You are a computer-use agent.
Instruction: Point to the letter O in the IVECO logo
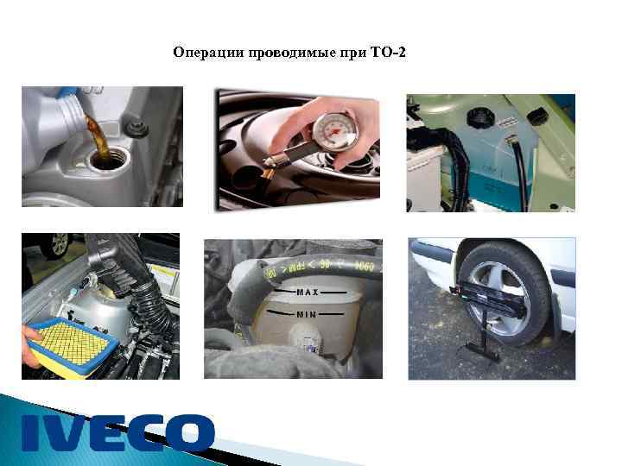pos(189,432)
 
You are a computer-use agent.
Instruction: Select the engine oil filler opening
pos(107,161)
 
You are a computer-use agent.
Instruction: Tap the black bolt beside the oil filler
pos(136,130)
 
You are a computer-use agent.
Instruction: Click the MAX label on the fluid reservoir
pos(308,293)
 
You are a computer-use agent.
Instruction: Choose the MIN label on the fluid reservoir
pos(307,315)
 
